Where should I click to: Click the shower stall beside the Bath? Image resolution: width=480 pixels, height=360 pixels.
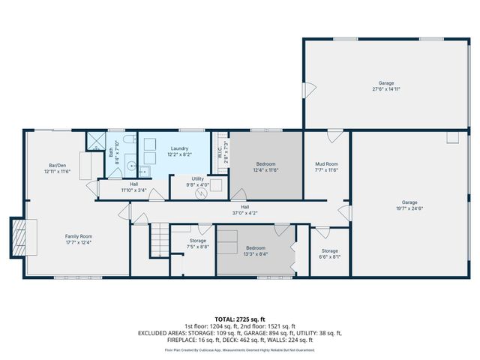coord(95,140)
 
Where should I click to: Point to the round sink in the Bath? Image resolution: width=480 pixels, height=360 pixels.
coord(130,167)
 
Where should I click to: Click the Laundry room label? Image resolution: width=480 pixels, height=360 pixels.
coord(179,148)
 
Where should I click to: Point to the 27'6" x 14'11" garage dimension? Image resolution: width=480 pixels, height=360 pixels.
coord(386,89)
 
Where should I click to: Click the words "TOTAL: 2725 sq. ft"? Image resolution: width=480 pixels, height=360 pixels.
coord(240,319)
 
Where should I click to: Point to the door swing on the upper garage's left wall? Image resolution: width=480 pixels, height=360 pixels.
coord(307,89)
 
